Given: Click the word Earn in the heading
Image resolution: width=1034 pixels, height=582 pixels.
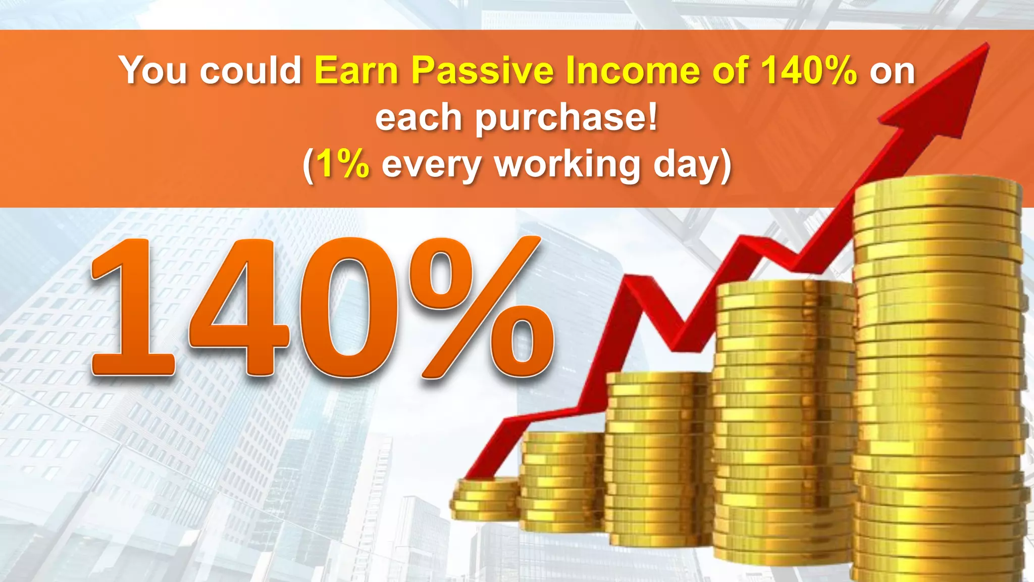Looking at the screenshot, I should point(356,70).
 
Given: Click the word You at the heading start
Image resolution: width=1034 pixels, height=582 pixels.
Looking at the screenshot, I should point(153,70).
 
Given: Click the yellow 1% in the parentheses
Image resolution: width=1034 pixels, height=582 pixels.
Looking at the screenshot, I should point(343,164).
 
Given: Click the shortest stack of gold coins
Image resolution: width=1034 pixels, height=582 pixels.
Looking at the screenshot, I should point(485,500).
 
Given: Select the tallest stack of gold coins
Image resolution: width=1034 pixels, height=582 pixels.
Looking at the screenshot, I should point(939,379).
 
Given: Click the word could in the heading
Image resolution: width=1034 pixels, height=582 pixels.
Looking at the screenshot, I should point(251,70).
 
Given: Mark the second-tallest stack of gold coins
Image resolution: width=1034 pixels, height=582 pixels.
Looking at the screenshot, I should point(785,424).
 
